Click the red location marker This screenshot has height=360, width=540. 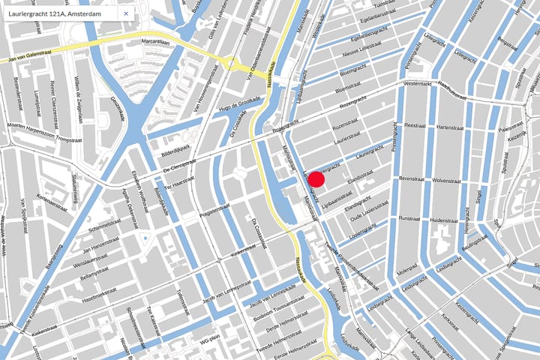[316, 178]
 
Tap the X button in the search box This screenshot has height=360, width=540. [125, 13]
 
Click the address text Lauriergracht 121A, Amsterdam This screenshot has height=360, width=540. [56, 13]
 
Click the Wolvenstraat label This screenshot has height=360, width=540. [450, 180]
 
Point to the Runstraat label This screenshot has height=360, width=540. [410, 218]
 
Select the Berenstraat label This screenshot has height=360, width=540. [412, 180]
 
